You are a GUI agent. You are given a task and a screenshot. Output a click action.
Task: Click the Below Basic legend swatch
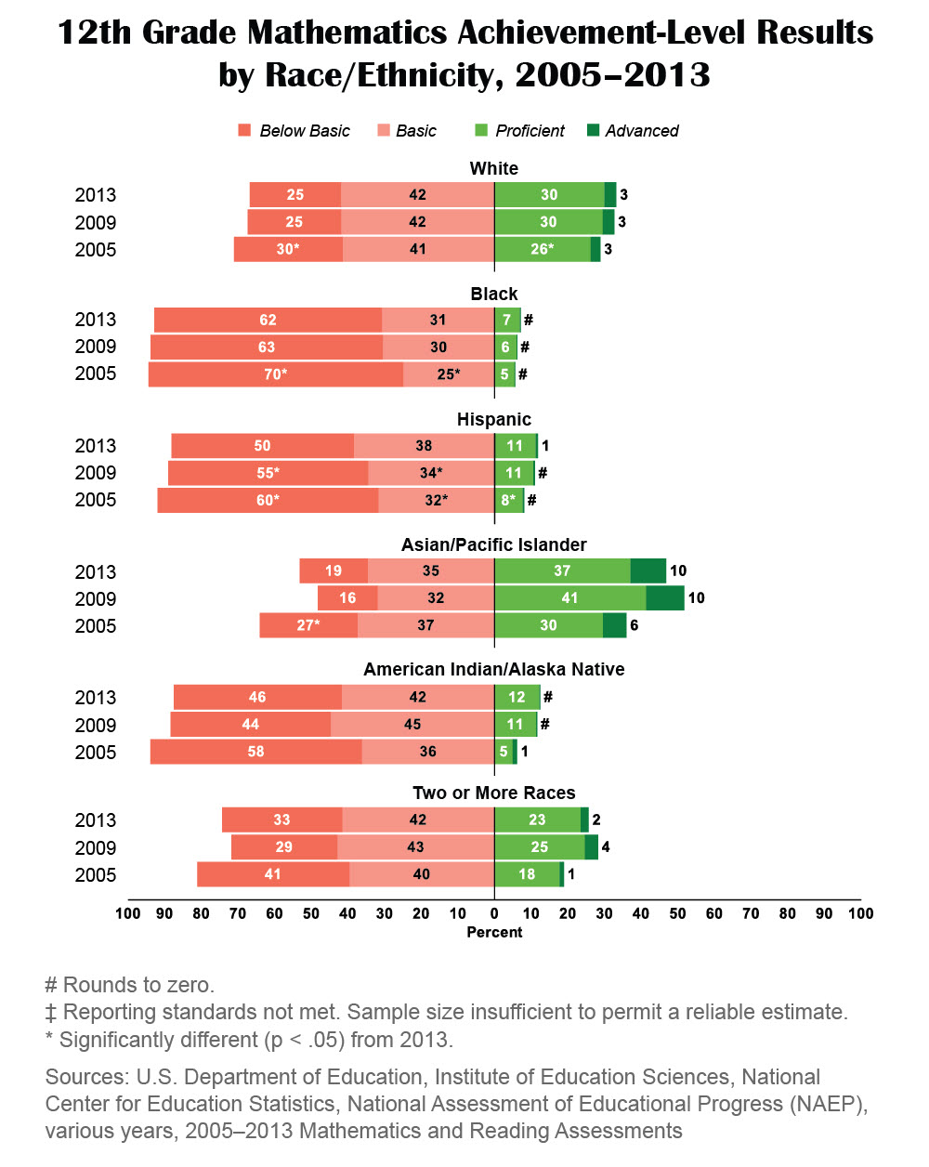[244, 130]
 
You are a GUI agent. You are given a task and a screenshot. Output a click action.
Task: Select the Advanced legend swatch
[594, 130]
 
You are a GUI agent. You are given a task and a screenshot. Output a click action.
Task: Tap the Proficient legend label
[530, 131]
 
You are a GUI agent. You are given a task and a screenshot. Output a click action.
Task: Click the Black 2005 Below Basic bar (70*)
[276, 374]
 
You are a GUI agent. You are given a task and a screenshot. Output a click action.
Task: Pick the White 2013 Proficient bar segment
[549, 195]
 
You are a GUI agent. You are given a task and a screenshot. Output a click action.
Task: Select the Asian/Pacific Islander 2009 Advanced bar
[665, 598]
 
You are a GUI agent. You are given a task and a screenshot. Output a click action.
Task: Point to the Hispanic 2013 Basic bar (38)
[424, 446]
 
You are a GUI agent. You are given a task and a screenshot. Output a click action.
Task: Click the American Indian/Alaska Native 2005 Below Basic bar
[255, 752]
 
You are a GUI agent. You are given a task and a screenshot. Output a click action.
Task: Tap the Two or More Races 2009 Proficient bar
[539, 847]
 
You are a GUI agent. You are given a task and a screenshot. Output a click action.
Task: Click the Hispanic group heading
[494, 420]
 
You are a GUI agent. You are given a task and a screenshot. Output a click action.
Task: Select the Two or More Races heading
[494, 793]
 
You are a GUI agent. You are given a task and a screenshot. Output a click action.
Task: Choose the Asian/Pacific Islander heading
[494, 545]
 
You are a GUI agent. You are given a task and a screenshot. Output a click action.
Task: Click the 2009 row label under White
[96, 223]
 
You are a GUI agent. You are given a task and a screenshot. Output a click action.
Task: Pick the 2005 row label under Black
[96, 374]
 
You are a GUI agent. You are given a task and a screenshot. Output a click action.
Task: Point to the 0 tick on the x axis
[494, 913]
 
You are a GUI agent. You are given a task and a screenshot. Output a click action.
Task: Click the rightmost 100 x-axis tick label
[860, 913]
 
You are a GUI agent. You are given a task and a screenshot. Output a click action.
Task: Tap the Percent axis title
[494, 932]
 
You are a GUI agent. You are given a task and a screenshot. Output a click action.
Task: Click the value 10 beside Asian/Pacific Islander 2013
[678, 571]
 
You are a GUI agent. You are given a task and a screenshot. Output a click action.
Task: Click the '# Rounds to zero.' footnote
[130, 985]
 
